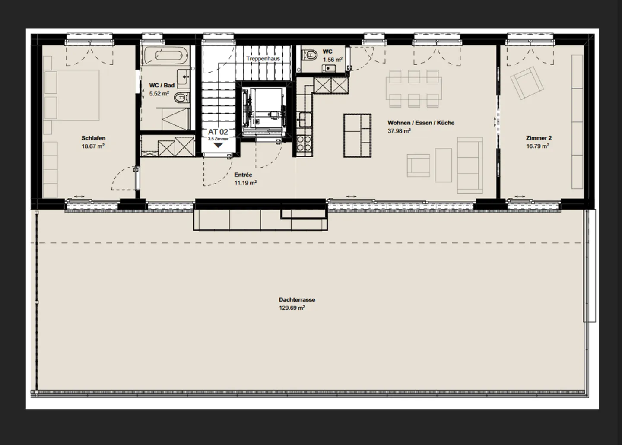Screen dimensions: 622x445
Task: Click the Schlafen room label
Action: [x=93, y=138]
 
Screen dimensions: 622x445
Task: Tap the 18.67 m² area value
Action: [x=93, y=146]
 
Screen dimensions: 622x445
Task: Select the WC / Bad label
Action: [x=162, y=85]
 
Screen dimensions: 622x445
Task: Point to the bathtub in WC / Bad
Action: [x=165, y=56]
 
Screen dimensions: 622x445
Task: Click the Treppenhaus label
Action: [x=263, y=59]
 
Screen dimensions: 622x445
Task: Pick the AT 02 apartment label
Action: [x=218, y=132]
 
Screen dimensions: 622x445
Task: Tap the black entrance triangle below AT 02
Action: [x=218, y=145]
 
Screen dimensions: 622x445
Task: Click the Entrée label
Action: [x=243, y=175]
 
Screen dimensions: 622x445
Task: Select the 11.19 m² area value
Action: [x=245, y=183]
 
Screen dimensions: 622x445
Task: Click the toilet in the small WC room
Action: [x=310, y=55]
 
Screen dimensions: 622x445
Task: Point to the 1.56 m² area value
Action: [x=333, y=60]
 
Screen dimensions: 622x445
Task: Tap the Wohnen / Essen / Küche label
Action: [x=421, y=123]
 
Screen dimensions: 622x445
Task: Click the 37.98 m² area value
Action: [x=399, y=131]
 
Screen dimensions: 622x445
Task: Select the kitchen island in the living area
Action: [x=357, y=135]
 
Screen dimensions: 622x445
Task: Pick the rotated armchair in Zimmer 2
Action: [x=527, y=83]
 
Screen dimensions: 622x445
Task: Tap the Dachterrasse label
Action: [x=297, y=300]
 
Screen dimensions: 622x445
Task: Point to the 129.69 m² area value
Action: [x=292, y=308]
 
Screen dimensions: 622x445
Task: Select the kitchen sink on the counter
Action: [x=305, y=119]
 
